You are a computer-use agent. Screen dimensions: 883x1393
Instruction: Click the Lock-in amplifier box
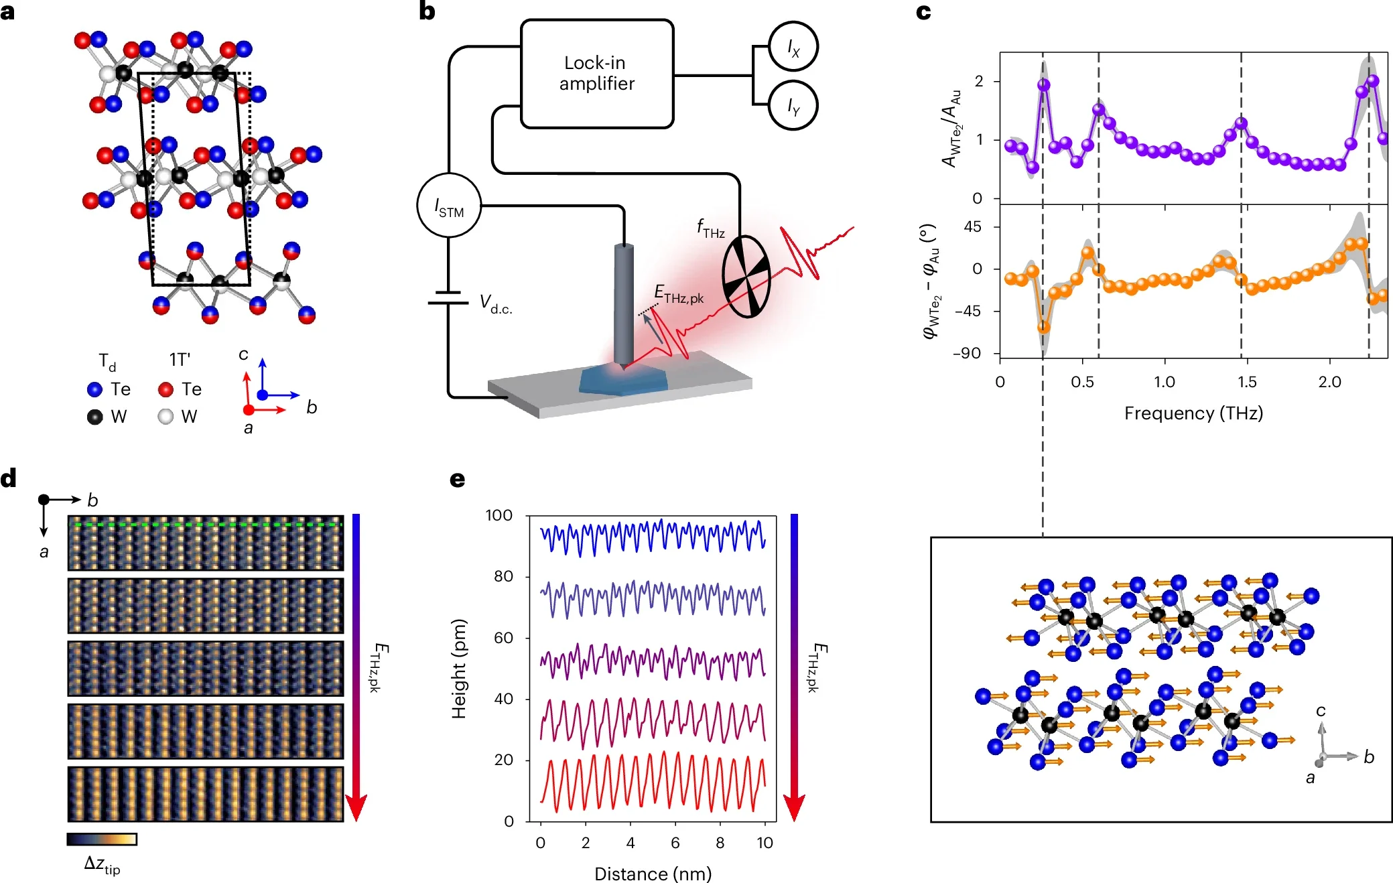[596, 74]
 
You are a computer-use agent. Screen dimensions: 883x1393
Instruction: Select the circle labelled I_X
[793, 46]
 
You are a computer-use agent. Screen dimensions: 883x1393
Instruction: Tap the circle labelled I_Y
[793, 105]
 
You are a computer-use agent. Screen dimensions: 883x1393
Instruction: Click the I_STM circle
[449, 206]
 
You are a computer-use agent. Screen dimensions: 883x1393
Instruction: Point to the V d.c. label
[496, 304]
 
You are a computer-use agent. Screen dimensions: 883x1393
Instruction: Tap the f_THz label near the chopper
[710, 228]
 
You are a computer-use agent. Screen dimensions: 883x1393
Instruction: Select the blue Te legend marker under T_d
[94, 389]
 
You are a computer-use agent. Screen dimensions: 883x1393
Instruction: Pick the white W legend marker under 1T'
[165, 417]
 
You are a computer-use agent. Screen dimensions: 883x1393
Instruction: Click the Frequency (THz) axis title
[1193, 413]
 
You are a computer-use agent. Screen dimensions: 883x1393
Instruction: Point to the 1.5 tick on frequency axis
[1246, 383]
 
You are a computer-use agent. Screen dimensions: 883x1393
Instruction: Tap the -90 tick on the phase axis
[967, 353]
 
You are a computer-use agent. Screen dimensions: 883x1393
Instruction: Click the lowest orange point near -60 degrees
[1043, 328]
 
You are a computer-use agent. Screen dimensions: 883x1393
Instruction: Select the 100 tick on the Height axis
[499, 515]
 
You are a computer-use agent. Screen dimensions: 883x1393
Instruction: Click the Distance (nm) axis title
[653, 874]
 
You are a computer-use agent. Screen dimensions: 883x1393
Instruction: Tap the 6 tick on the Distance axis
[675, 843]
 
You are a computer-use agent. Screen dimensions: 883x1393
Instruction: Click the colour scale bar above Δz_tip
[102, 839]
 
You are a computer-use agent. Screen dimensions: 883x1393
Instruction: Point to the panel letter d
[9, 478]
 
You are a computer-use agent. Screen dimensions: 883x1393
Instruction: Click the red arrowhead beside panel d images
[356, 807]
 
